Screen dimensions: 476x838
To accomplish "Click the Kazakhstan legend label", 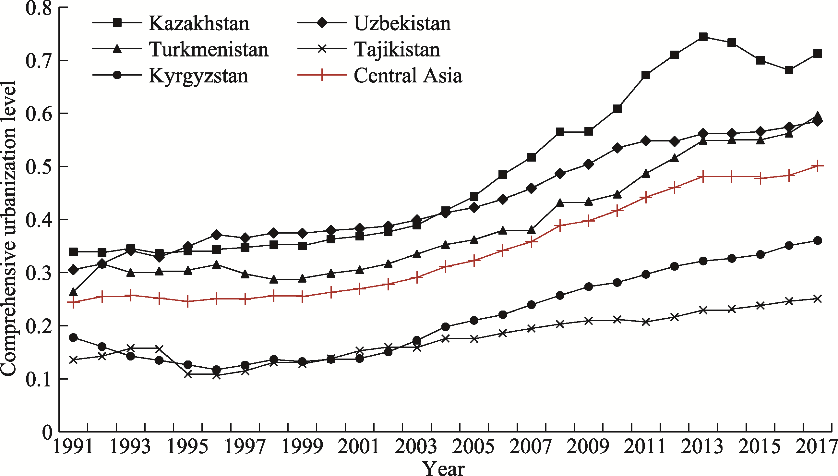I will [x=199, y=24].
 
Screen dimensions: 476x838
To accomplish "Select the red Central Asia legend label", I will [x=408, y=76].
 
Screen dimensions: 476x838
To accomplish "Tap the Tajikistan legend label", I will [x=397, y=50].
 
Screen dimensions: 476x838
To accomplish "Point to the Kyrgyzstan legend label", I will [x=198, y=76].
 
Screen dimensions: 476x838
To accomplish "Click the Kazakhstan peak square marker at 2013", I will [x=703, y=37].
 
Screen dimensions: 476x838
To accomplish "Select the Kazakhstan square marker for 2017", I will [x=818, y=54].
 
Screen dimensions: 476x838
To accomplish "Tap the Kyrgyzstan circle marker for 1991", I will [x=74, y=337].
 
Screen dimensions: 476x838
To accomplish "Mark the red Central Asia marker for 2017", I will [x=818, y=166].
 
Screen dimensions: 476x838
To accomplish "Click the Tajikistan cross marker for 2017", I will [x=818, y=299].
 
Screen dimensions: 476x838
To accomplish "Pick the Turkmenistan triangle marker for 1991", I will [x=74, y=292].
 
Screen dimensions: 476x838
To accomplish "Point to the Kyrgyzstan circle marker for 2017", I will [x=818, y=241].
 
